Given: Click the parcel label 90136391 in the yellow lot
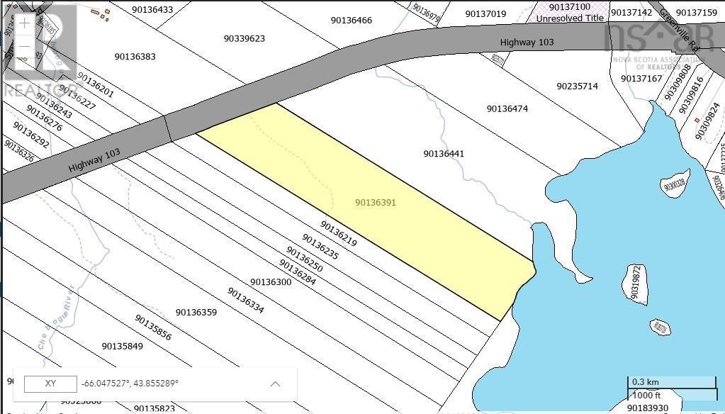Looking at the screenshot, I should click(375, 203).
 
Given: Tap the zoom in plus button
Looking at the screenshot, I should click(25, 23).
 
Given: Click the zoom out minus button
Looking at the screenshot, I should click(25, 47).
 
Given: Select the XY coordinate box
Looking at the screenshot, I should click(50, 384).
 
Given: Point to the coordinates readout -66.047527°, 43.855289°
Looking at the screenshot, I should click(130, 384).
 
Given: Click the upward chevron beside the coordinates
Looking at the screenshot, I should click(275, 384).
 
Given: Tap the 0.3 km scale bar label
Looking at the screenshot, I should click(645, 381).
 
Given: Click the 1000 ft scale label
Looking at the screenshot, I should click(647, 395).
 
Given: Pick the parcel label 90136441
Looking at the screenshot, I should click(444, 154).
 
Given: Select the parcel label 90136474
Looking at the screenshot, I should click(507, 108).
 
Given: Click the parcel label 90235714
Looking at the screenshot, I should click(577, 86).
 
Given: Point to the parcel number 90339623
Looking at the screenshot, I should click(244, 38).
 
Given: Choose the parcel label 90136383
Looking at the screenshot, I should click(135, 57).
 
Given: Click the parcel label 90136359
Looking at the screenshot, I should click(196, 312).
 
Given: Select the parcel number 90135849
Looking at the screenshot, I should click(122, 346).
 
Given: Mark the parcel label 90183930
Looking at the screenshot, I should click(647, 408).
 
